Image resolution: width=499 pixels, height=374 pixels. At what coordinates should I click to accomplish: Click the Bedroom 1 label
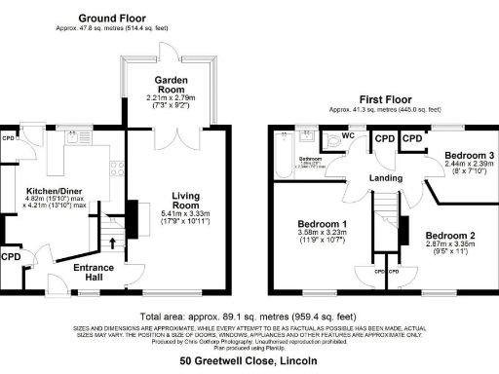323,225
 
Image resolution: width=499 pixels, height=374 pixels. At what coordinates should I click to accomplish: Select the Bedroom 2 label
449,236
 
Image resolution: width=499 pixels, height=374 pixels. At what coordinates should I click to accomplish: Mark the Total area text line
247,317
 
